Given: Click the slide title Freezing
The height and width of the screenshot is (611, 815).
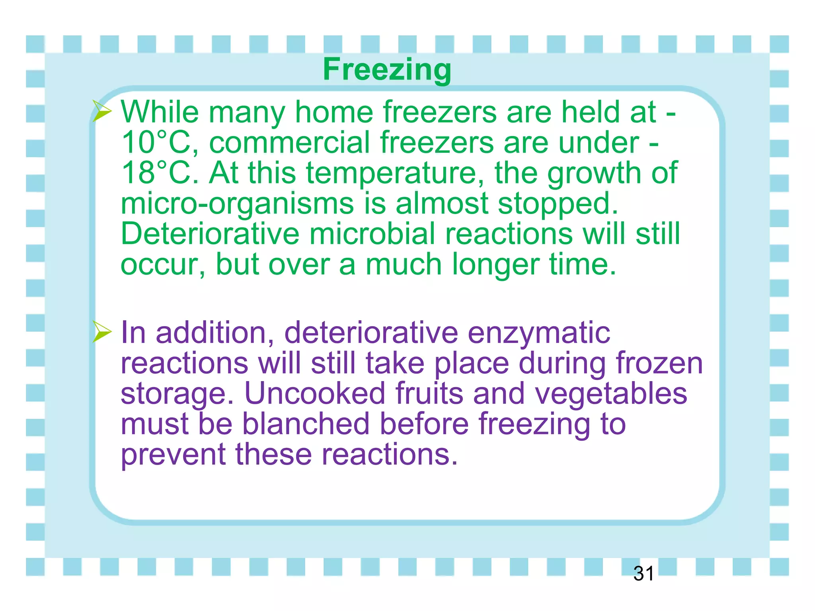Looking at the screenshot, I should (387, 69).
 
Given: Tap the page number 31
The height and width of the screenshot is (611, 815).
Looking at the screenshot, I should (643, 574).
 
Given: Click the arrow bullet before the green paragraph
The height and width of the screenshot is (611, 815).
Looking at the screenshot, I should (102, 111).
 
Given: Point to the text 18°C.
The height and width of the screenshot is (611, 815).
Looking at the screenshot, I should (159, 173).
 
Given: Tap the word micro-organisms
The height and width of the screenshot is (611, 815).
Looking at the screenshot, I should (237, 204).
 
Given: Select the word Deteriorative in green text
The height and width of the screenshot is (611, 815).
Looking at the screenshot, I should (210, 234).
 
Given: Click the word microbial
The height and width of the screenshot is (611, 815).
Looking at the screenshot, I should (372, 234).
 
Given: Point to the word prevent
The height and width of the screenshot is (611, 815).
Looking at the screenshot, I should (173, 455).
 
